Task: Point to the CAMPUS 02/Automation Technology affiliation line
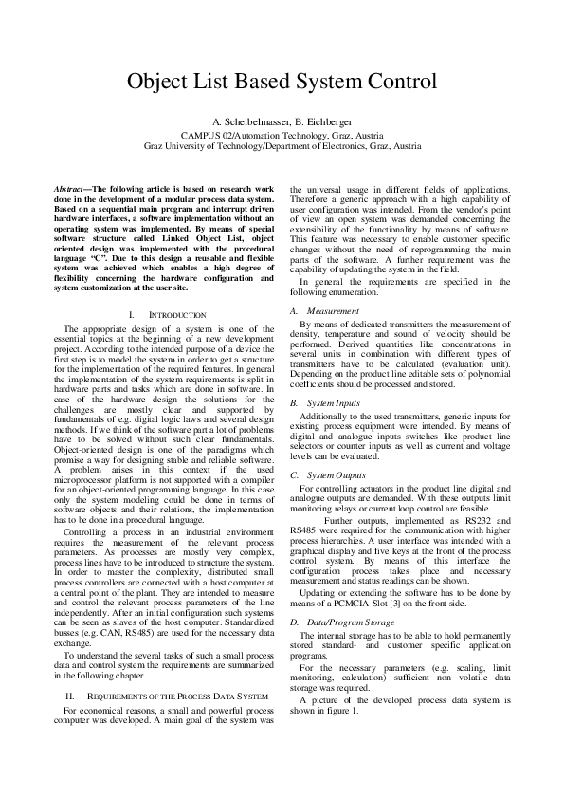pyautogui.click(x=282, y=137)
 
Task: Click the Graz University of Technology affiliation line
pyautogui.click(x=282, y=148)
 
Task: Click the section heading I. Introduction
pyautogui.click(x=165, y=314)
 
